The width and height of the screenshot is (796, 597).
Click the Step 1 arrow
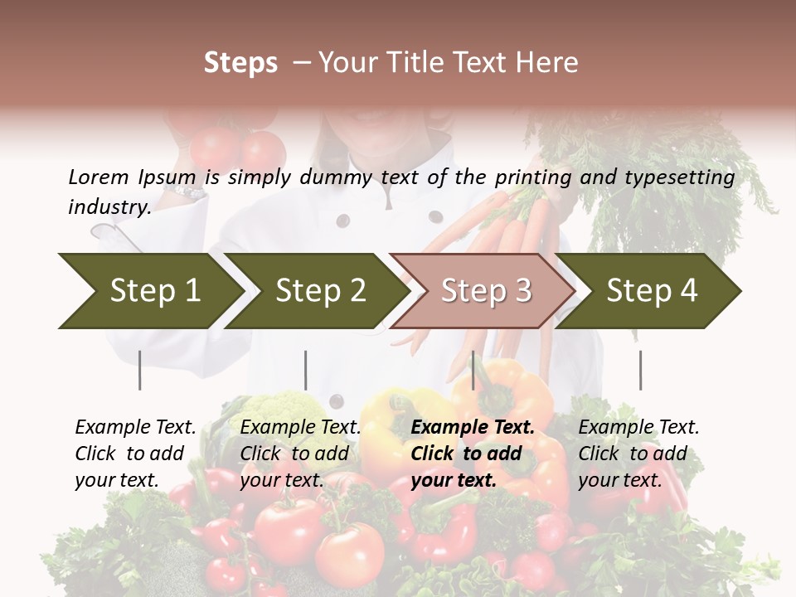pyautogui.click(x=149, y=291)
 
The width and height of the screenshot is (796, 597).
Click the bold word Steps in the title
pyautogui.click(x=240, y=63)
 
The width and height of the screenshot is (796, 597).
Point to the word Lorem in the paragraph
pyautogui.click(x=98, y=177)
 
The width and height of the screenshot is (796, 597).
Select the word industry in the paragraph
pyautogui.click(x=109, y=207)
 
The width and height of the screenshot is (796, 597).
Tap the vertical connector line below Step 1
pyautogui.click(x=139, y=370)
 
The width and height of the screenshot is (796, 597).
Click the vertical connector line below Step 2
pyautogui.click(x=306, y=370)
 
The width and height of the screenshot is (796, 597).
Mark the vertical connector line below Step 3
pyautogui.click(x=473, y=370)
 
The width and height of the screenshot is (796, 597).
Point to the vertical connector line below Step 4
pyautogui.click(x=640, y=370)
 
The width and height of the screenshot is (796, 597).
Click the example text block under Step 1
pyautogui.click(x=135, y=454)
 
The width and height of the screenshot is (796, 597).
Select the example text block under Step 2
pyautogui.click(x=300, y=454)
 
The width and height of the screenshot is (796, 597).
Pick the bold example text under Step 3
pyautogui.click(x=473, y=454)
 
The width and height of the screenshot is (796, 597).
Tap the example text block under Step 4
pyautogui.click(x=638, y=454)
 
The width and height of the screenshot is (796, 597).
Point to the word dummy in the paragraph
pyautogui.click(x=338, y=177)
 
